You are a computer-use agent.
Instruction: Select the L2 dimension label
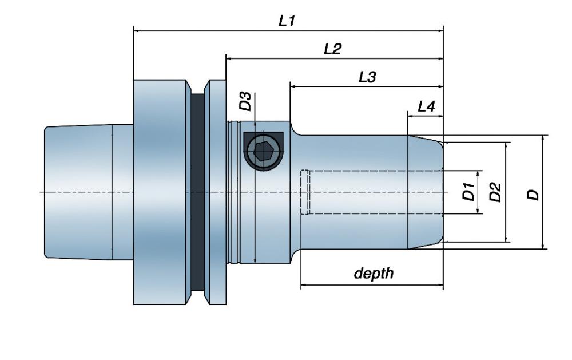(332, 49)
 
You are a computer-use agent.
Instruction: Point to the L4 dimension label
(427, 106)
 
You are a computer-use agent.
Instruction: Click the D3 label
(245, 102)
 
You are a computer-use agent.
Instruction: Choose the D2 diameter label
(495, 192)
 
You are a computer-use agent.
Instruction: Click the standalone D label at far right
(533, 195)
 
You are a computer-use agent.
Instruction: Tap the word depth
(374, 273)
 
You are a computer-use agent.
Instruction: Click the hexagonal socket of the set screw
(263, 152)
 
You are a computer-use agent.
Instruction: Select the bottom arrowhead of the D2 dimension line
(506, 239)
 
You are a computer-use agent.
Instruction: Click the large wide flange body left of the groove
(160, 192)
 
